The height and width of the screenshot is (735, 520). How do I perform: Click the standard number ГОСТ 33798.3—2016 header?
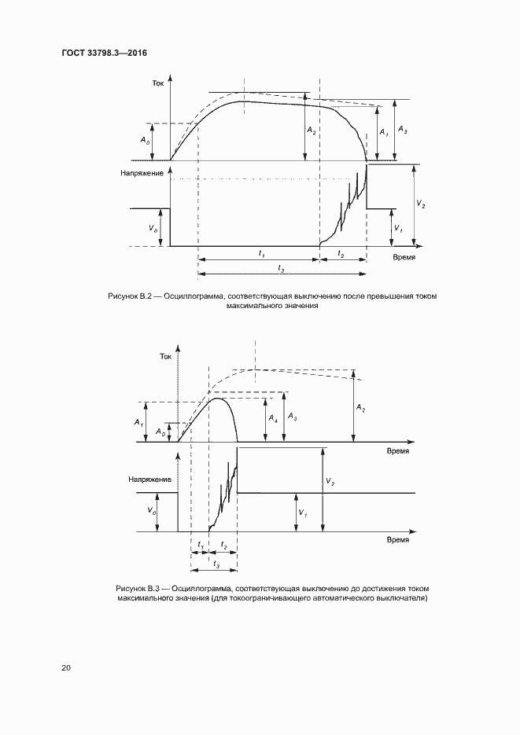pos(105,53)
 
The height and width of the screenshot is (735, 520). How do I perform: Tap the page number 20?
pos(66,667)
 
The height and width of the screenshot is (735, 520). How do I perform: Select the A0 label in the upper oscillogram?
pos(144,141)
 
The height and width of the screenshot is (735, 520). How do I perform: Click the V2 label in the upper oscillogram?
pos(422,204)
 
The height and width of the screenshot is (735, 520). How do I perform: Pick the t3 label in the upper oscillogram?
pos(281,267)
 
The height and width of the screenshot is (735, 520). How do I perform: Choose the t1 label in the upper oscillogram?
pos(260,252)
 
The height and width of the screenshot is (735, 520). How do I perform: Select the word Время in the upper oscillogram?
pos(404,257)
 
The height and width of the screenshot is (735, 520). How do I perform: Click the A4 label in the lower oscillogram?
pos(272,418)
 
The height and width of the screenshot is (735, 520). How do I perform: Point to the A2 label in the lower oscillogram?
pos(360,408)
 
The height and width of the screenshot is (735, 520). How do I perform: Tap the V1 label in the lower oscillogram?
pos(303,513)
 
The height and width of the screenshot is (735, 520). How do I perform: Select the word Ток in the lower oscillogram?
pos(165,357)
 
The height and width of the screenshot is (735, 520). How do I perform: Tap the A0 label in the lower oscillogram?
pos(160,432)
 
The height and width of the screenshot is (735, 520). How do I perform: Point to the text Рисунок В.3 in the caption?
pos(138,588)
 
